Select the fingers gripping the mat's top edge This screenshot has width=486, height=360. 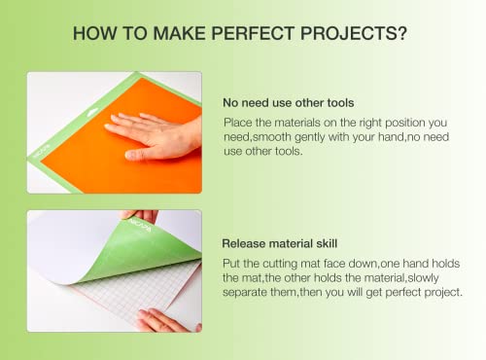coord(139,215)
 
